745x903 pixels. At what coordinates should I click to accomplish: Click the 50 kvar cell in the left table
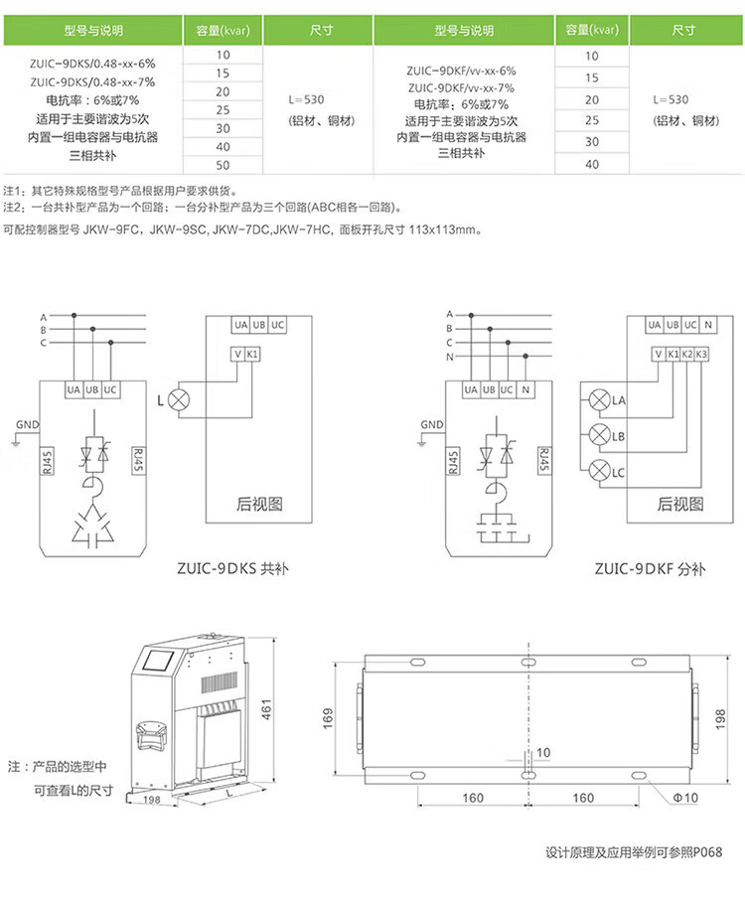point(223,165)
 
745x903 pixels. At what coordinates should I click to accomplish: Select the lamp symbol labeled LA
point(599,399)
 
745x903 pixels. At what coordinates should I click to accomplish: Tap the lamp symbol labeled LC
point(599,471)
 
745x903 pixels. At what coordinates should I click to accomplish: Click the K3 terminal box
point(701,355)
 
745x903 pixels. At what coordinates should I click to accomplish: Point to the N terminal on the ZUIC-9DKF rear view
point(708,325)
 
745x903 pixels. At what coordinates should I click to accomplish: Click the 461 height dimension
point(266,709)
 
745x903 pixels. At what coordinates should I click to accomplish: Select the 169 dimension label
point(328,718)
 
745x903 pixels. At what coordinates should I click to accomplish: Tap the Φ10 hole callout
point(685,798)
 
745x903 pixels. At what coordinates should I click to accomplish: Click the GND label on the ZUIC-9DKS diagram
point(27,424)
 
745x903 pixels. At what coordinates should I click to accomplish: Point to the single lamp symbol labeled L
point(179,399)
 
